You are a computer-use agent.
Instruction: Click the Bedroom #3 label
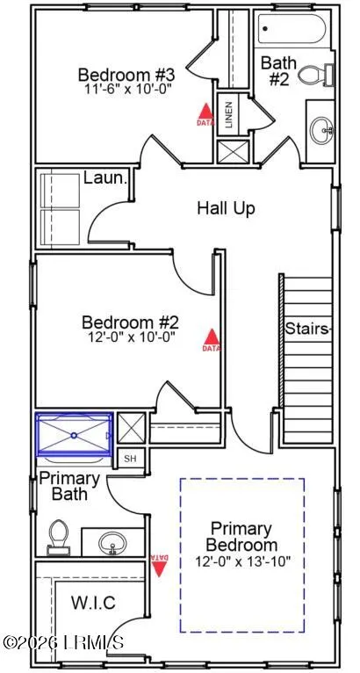126,75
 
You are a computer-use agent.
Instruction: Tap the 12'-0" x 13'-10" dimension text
243,561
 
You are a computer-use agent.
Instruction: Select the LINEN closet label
228,115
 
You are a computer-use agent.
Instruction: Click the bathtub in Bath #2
292,29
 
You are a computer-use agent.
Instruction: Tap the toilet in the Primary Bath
58,537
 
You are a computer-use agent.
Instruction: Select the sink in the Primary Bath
113,543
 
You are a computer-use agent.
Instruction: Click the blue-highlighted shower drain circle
74,435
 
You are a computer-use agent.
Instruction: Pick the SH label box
131,459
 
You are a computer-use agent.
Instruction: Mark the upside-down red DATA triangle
160,566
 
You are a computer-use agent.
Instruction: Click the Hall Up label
227,208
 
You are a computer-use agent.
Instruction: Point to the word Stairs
308,329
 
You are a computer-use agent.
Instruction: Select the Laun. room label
105,177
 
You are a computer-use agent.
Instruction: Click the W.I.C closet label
93,603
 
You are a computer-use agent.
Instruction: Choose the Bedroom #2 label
130,322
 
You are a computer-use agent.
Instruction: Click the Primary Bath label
69,486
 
